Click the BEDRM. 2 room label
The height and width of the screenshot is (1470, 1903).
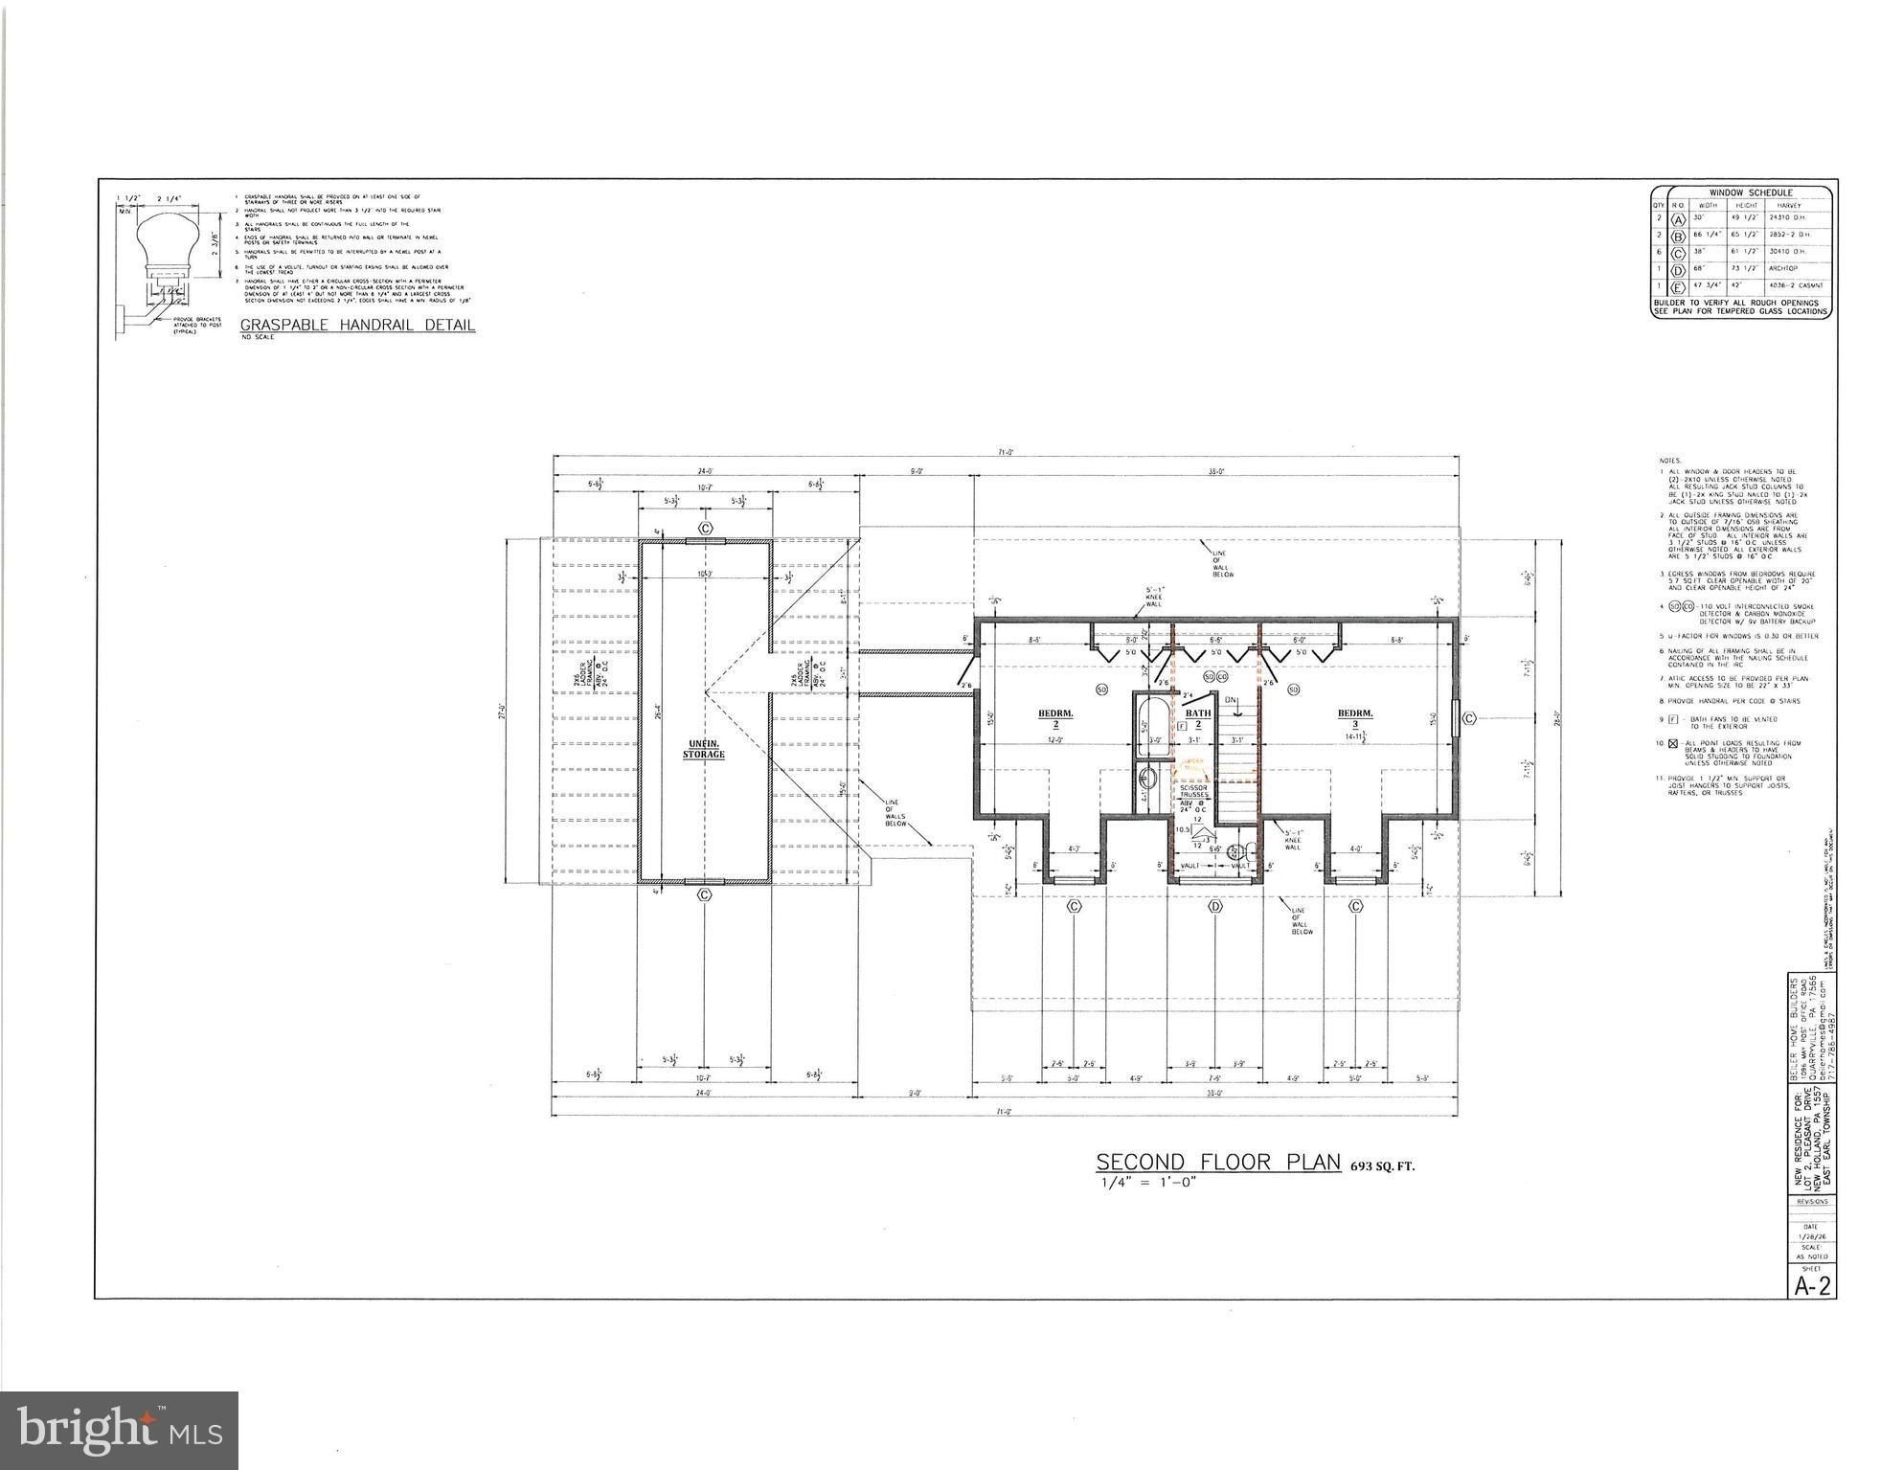(x=1054, y=718)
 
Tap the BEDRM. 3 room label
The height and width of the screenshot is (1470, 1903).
(x=1354, y=718)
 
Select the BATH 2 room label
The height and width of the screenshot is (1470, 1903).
(x=1198, y=717)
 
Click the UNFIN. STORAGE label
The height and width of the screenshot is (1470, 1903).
(x=704, y=749)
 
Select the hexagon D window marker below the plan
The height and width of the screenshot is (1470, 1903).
(x=1215, y=906)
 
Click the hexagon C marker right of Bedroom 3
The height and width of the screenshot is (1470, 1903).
(x=1469, y=717)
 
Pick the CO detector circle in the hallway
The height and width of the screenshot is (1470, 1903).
(x=1222, y=677)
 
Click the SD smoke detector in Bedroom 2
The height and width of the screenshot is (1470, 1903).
(x=1101, y=690)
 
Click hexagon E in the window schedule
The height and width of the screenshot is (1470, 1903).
(x=1677, y=286)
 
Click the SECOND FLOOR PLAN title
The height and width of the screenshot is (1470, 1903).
(x=1217, y=1163)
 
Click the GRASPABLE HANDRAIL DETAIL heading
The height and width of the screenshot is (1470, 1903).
(x=357, y=325)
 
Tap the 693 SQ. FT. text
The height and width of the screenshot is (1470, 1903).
(x=1382, y=1166)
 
